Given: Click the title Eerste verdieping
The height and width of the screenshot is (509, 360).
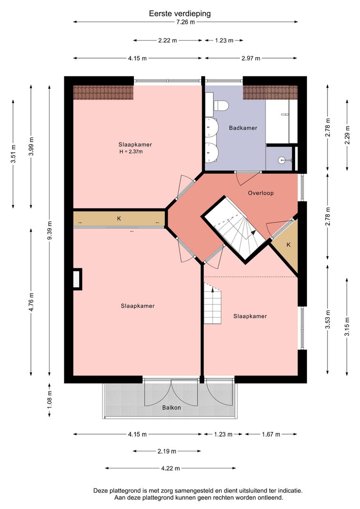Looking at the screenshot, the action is click(x=180, y=14).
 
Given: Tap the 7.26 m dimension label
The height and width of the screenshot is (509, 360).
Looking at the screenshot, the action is click(x=185, y=22).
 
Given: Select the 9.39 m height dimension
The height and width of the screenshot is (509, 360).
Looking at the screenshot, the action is click(x=49, y=230).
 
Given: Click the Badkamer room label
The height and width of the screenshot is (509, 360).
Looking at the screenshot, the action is click(x=243, y=128).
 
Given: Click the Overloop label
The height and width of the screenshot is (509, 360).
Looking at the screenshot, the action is click(x=261, y=193).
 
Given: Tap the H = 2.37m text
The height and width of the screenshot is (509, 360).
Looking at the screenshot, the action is click(x=131, y=152).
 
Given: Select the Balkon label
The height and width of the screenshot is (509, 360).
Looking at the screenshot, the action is click(x=172, y=408).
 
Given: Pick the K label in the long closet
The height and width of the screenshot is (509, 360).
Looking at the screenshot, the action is click(x=119, y=218).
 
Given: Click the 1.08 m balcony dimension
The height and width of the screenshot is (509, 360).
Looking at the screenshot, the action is click(x=49, y=400).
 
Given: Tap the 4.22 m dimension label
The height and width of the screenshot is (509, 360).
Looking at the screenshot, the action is click(x=171, y=468).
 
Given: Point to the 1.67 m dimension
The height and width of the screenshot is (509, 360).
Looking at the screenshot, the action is click(x=271, y=434).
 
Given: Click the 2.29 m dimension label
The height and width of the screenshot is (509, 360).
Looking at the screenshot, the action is click(x=347, y=135).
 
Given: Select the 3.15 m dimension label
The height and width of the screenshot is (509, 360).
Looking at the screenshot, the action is click(x=347, y=327).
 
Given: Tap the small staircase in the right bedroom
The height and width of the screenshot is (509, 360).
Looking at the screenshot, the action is click(x=213, y=303).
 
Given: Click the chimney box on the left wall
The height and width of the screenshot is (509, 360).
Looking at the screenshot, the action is click(x=77, y=279).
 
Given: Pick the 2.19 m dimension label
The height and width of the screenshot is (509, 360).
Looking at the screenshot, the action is click(x=167, y=451).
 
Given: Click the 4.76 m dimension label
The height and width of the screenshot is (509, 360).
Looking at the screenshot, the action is click(x=31, y=302).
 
